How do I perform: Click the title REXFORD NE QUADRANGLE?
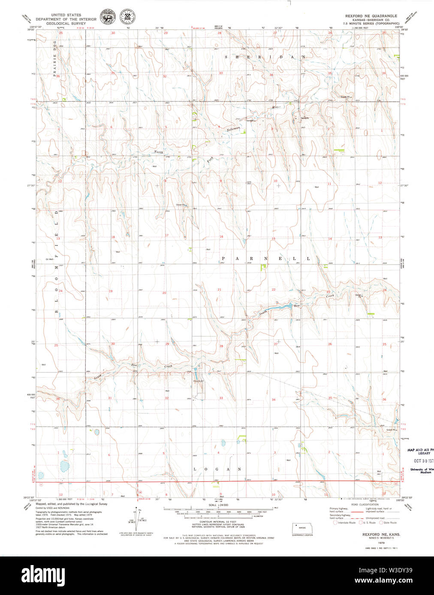coord(371,16)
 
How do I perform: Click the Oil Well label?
coord(50,259)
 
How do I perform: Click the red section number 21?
coord(220,290)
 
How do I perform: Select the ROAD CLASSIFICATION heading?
coord(365,505)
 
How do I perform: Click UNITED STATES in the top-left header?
coord(66,15)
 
